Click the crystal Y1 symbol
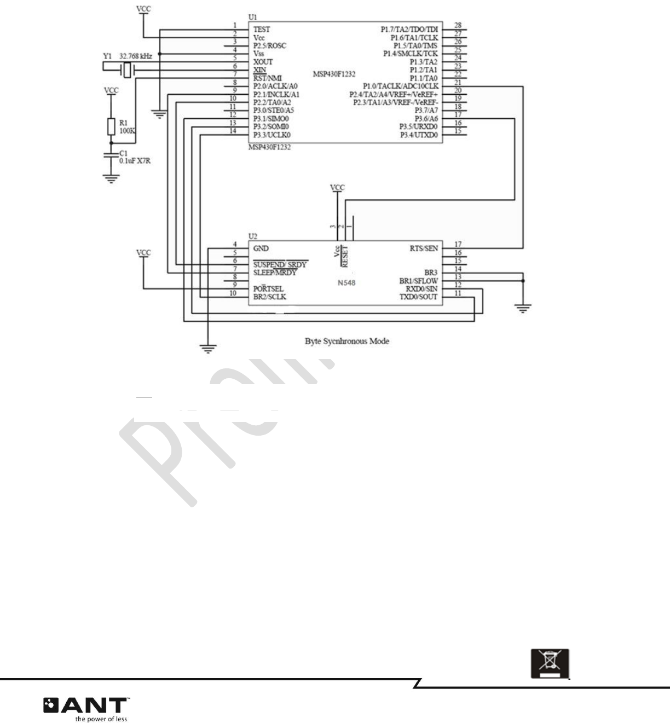pyautogui.click(x=127, y=70)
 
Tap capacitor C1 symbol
pyautogui.click(x=111, y=155)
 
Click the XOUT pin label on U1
pyautogui.click(x=263, y=62)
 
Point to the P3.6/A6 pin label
pyautogui.click(x=426, y=119)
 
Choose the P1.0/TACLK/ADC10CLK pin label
pyautogui.click(x=401, y=86)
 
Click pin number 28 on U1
pyautogui.click(x=458, y=25)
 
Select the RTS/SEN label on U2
pyautogui.click(x=424, y=248)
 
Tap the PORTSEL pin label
pyautogui.click(x=268, y=288)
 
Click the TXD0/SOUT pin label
pyautogui.click(x=418, y=297)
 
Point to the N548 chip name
pyautogui.click(x=346, y=283)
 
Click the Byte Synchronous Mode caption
pyautogui.click(x=347, y=341)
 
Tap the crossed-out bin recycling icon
pyautogui.click(x=550, y=663)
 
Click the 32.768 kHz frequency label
pyautogui.click(x=136, y=56)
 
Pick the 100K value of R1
pyautogui.click(x=127, y=131)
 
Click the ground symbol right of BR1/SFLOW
pyautogui.click(x=523, y=308)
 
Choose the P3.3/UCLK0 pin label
pyautogui.click(x=272, y=135)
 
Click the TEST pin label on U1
pyautogui.click(x=262, y=30)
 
